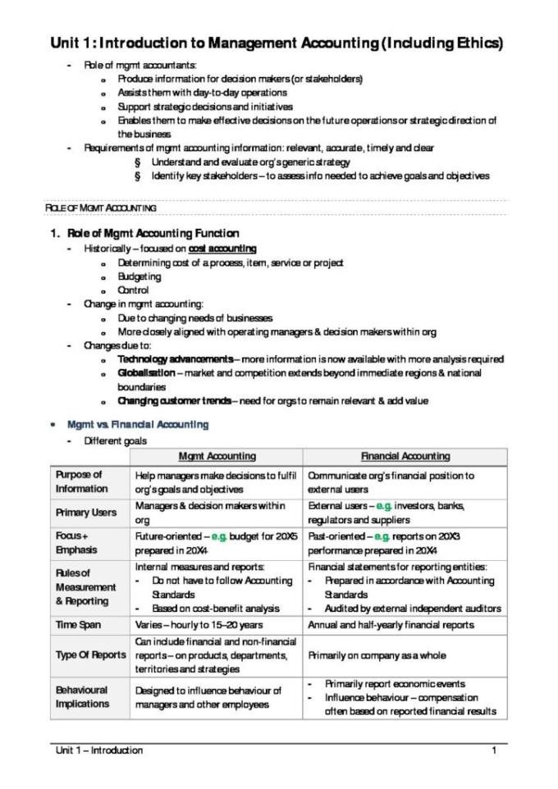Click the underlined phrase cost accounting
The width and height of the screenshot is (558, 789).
[222, 249]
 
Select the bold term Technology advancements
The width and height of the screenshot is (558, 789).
[175, 359]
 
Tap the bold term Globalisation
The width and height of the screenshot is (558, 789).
[145, 373]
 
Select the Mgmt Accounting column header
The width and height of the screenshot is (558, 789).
[217, 456]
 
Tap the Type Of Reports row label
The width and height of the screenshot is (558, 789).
[91, 655]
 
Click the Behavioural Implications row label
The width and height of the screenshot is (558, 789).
[83, 697]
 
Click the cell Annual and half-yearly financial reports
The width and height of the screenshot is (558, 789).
[391, 625]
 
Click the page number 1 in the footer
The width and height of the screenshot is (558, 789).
[494, 750]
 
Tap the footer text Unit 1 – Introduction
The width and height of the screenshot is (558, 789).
[98, 750]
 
